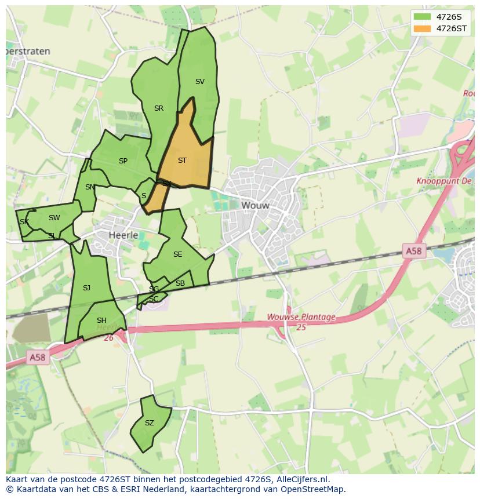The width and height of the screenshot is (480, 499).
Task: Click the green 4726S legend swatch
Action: coord(423,17)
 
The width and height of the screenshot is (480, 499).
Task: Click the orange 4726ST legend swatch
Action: coord(423,28)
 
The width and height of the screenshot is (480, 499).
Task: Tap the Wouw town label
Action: coord(255,205)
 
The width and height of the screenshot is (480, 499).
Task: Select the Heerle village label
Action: coord(123,235)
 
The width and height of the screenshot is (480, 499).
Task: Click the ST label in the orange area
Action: coord(182,161)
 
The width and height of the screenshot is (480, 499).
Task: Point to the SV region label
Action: coord(199,82)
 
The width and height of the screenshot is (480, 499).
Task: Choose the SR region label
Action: coord(158,108)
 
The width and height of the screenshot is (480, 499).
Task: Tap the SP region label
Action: coord(123,161)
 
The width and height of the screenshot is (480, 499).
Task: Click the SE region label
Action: coord(177,254)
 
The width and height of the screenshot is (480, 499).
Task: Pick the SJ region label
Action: coord(86,288)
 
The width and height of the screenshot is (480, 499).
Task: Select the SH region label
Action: coord(101,320)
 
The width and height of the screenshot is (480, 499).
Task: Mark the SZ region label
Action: coord(149,423)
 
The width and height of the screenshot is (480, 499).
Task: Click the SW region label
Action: coord(54,218)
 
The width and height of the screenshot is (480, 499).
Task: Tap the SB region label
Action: coord(180,283)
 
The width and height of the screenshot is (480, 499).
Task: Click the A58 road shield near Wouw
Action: coord(413,251)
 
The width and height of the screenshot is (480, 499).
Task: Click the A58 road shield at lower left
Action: coord(37,358)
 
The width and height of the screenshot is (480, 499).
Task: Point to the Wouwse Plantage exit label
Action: coord(301,317)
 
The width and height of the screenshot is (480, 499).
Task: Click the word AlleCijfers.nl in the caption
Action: coord(303,480)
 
